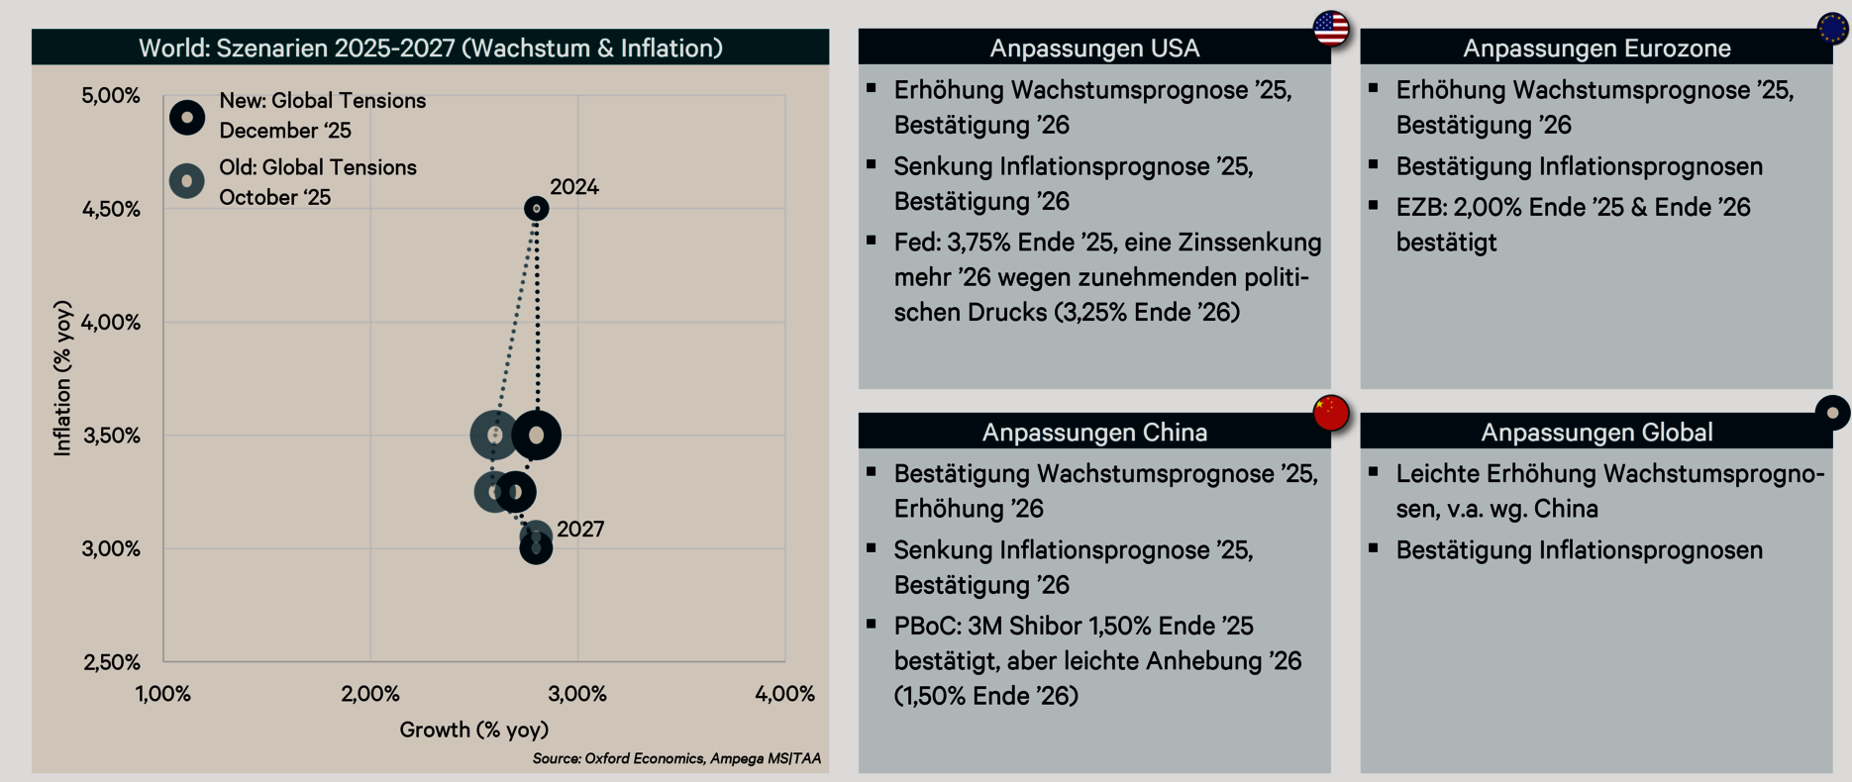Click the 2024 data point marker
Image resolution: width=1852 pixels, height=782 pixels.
coord(536,209)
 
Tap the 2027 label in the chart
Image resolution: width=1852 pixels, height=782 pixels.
coord(580,530)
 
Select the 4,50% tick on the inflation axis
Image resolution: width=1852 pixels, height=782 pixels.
coord(111,210)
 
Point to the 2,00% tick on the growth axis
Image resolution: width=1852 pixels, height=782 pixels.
coord(370,694)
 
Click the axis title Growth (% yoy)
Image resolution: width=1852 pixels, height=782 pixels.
coord(473,731)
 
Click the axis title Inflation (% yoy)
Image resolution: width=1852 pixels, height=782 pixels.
coord(63,378)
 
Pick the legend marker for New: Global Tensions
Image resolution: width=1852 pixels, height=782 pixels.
coord(187,117)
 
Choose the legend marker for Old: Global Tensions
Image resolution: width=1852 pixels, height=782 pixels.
coord(187,181)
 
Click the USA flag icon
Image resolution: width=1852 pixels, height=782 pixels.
coord(1331,29)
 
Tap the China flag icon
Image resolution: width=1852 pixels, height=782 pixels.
coord(1331,412)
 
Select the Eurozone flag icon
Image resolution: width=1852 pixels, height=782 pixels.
coord(1833,29)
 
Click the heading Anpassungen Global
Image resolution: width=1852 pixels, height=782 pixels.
coord(1596,433)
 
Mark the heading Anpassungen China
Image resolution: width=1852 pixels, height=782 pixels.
coord(1094,433)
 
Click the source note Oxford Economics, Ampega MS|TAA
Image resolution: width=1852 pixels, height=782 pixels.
coord(676,759)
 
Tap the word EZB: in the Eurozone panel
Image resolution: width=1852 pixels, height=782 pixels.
coord(1421,208)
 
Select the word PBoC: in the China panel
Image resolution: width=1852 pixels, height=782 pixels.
coord(927,627)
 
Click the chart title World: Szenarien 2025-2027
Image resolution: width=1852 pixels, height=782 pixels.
coord(431,48)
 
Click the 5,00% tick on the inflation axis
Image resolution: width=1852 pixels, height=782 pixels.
coord(111,96)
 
